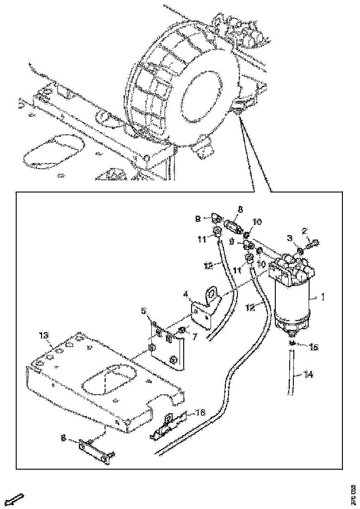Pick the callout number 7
(194, 337)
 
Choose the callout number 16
(200, 413)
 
